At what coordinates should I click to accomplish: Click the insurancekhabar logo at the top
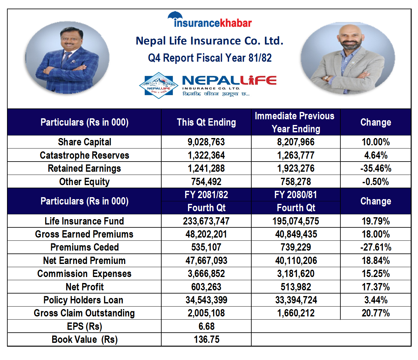click(x=210, y=21)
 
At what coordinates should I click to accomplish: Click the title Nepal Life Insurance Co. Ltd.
click(x=209, y=41)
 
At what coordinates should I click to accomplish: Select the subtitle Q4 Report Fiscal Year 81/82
click(x=210, y=58)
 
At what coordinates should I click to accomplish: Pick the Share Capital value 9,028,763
click(x=206, y=142)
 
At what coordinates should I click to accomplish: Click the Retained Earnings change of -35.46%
click(x=376, y=168)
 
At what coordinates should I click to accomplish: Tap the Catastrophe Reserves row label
click(x=84, y=155)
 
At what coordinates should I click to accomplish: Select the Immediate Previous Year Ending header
click(x=295, y=122)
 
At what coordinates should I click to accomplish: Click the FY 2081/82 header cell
click(x=206, y=195)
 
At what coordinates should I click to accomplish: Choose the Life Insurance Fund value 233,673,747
click(x=206, y=221)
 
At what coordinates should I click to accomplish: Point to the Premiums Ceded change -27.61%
click(x=376, y=247)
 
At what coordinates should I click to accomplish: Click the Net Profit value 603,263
click(x=206, y=287)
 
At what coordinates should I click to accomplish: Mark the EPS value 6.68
click(x=206, y=326)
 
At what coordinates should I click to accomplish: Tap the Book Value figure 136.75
click(x=206, y=339)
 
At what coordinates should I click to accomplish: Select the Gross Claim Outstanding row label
click(x=84, y=313)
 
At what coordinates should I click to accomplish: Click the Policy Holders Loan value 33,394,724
click(x=296, y=300)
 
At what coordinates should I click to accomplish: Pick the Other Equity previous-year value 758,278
click(x=296, y=182)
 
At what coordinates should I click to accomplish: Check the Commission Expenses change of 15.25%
click(x=376, y=273)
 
